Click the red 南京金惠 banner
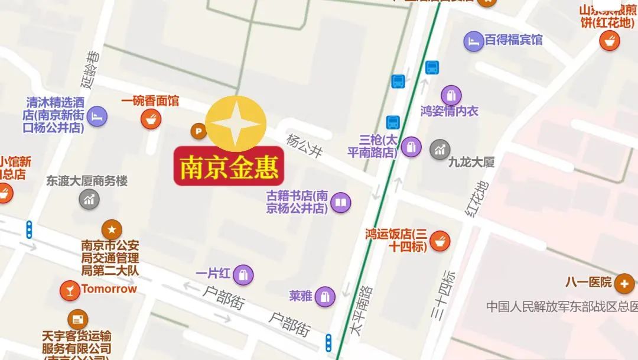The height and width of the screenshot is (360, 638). click(229, 167)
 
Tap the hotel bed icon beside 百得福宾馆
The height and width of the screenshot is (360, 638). click(473, 41)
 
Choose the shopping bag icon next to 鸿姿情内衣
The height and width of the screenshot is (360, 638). click(451, 96)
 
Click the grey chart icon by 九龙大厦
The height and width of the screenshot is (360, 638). click(440, 150)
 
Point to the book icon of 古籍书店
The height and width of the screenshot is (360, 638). click(340, 203)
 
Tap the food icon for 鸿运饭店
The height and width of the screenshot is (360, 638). click(440, 241)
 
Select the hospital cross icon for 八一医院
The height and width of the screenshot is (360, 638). click(624, 284)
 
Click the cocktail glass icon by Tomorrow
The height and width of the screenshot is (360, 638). click(70, 290)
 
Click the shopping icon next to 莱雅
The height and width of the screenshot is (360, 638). click(324, 297)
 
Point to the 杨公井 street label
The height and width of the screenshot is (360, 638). click(305, 145)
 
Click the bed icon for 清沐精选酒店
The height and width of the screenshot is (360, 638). click(97, 116)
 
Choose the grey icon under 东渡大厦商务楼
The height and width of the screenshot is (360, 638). click(89, 199)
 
